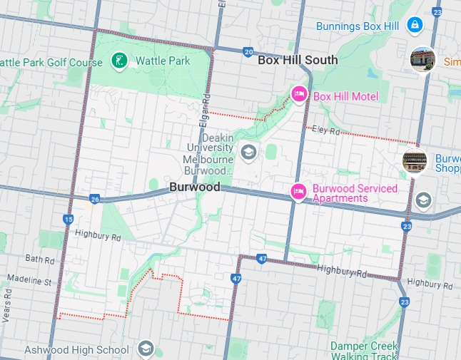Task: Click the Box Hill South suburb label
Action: click(298, 60)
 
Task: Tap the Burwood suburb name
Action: click(195, 187)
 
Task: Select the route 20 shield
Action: click(248, 51)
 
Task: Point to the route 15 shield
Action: click(68, 220)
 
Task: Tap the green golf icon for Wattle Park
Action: click(120, 61)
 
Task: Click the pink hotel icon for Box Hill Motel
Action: click(299, 94)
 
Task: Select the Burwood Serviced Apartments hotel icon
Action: click(298, 191)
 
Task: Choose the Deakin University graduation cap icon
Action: click(248, 151)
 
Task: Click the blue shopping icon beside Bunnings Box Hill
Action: click(415, 26)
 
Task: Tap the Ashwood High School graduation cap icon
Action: click(146, 349)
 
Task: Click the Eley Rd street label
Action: click(324, 130)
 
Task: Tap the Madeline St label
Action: click(29, 282)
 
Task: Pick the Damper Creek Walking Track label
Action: click(364, 350)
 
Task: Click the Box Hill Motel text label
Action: click(345, 96)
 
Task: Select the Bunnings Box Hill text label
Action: click(358, 26)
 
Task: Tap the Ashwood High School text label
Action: click(76, 350)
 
